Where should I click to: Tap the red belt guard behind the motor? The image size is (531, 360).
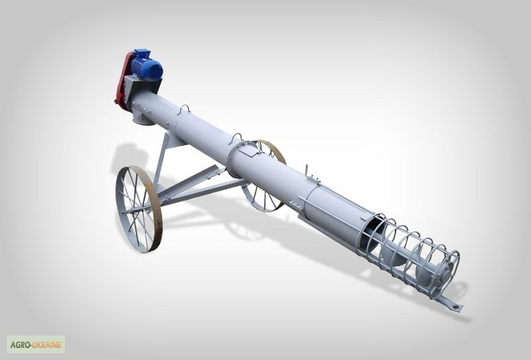pyautogui.click(x=121, y=80)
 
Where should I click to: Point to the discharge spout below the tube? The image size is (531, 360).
pyautogui.click(x=142, y=117)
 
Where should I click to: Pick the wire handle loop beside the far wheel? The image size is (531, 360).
pyautogui.click(x=236, y=137)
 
